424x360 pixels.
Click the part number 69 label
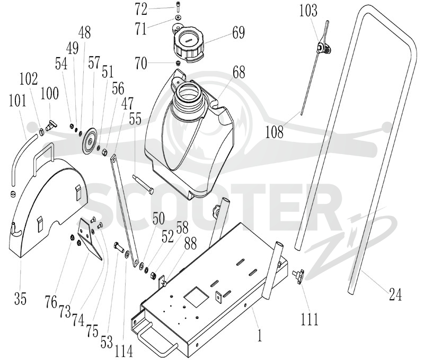[x=238, y=32]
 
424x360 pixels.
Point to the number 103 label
[x=308, y=10]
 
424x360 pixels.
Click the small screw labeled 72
[x=178, y=8]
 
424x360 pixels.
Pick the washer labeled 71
[x=178, y=17]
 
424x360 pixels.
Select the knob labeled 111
[x=298, y=276]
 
